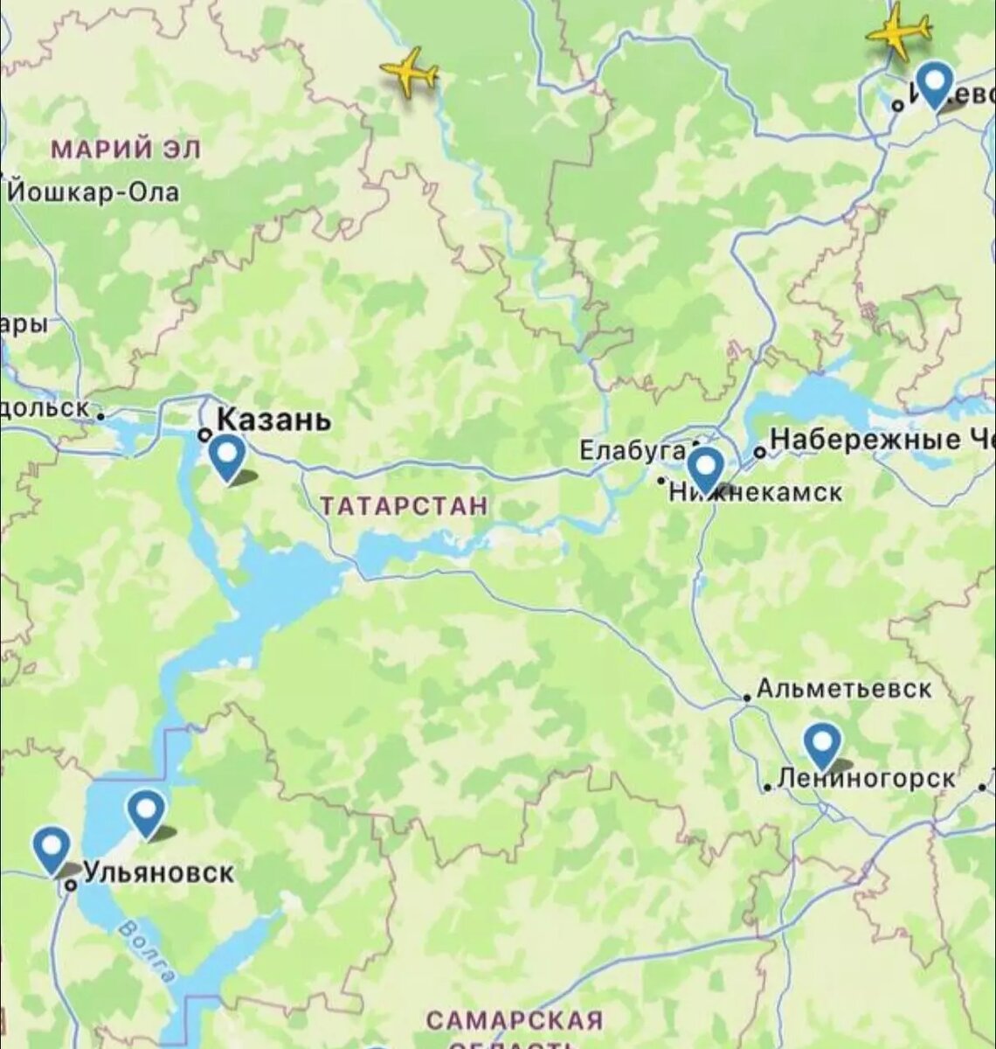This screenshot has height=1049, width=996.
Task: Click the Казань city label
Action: pyautogui.click(x=273, y=420)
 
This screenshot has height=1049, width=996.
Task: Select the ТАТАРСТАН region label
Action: pyautogui.click(x=404, y=506)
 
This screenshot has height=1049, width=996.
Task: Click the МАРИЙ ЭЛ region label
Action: pyautogui.click(x=126, y=149)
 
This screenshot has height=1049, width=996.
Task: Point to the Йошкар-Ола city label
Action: pyautogui.click(x=93, y=192)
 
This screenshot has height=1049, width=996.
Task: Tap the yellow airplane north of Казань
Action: pyautogui.click(x=409, y=72)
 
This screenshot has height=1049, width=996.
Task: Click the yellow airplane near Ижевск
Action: pyautogui.click(x=898, y=30)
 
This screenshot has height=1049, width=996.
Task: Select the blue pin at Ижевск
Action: pyautogui.click(x=935, y=84)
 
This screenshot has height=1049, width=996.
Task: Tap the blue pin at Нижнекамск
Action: pyautogui.click(x=705, y=468)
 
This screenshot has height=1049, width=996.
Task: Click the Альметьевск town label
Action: pyautogui.click(x=844, y=689)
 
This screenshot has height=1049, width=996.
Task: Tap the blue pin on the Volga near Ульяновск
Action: pyautogui.click(x=146, y=811)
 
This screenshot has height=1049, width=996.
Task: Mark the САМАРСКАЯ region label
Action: pyautogui.click(x=515, y=1020)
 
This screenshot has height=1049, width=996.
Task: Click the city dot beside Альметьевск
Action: pyautogui.click(x=747, y=697)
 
